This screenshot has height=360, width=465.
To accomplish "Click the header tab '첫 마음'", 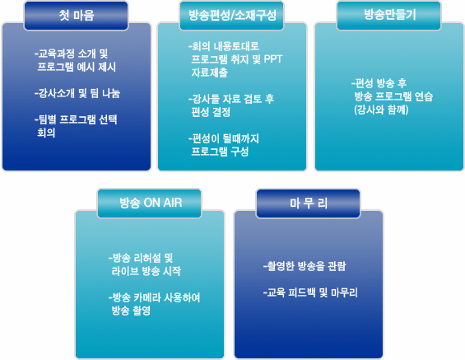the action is [76, 16].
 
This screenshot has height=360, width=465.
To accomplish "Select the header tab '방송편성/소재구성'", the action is [231, 16].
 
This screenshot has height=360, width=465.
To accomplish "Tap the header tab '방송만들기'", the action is [389, 16].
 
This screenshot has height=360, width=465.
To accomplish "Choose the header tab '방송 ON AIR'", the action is [150, 203].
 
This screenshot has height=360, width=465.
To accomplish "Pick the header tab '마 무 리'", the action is [309, 203].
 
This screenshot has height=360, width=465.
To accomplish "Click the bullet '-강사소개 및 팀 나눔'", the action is [77, 93].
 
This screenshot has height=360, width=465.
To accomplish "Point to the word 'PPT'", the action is [273, 59].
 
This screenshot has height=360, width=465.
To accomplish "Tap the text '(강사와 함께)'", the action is [381, 110].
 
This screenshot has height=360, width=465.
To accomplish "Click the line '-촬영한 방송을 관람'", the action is [305, 266].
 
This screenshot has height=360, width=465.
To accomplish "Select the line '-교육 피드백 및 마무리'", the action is [310, 292].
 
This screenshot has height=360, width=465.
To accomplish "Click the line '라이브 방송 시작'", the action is [146, 271].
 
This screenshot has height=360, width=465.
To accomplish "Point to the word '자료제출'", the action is [209, 72].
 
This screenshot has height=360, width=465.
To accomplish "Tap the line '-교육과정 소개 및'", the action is [71, 54].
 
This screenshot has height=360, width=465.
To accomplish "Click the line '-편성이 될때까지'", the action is [224, 138].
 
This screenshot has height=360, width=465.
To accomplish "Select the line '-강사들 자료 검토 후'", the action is [231, 99].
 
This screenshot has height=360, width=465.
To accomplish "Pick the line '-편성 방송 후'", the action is [379, 83].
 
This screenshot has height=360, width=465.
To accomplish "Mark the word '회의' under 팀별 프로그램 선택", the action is [46, 133].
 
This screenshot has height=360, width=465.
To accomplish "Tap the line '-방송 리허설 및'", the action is [141, 258].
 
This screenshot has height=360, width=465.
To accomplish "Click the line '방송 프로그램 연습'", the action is [393, 96].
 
